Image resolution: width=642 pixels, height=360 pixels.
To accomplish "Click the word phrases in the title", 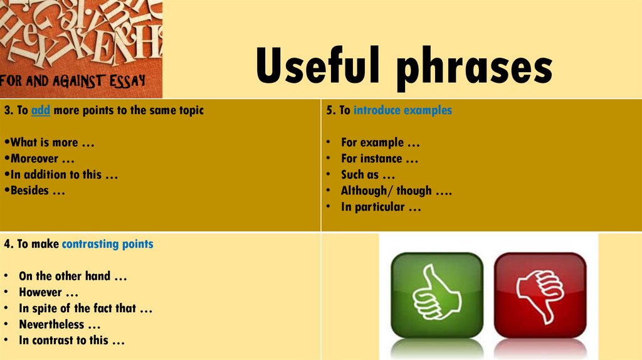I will pos(475,69).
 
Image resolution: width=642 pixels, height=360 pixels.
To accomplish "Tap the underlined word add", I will pos(41,110).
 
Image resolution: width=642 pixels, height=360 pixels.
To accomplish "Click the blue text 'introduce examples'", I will pos(403,110).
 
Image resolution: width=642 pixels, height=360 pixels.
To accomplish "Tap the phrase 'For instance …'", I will pos(379,159).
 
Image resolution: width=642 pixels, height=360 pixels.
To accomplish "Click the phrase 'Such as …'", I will pos(368,175).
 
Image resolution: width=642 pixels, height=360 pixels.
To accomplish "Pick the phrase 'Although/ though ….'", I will pos(396,191).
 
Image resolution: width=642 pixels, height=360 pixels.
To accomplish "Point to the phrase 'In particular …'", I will pos(381,207).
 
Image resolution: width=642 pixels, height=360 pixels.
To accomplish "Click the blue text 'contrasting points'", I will pos(108,244).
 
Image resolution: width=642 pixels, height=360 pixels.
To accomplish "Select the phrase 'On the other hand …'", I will pos(73,276).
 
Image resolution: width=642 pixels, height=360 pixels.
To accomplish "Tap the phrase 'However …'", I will pos(49,292).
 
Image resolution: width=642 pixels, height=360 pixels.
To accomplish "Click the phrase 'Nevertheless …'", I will pos(60,325).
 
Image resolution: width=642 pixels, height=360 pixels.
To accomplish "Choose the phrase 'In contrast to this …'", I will pos(72,341).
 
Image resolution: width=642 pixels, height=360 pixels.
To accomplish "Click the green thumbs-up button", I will pos(437,294).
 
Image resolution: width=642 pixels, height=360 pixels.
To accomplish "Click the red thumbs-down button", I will pos(540,294).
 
